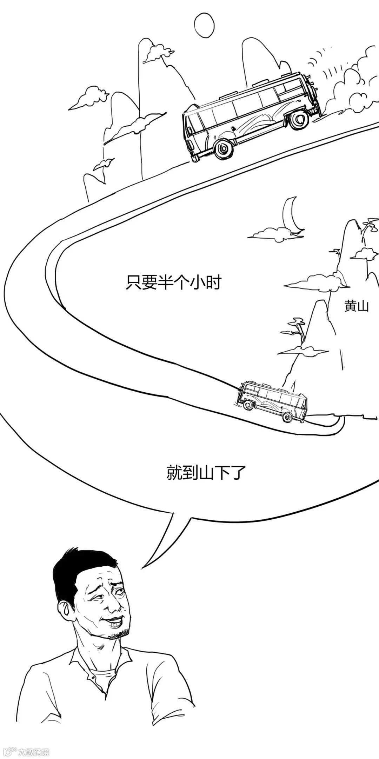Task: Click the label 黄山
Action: coord(356,306)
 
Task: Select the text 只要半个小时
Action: coord(173,282)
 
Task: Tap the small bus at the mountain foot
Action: coord(272,401)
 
